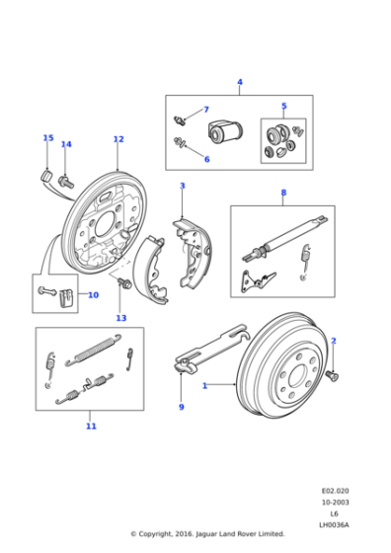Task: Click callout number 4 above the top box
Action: pos(239,82)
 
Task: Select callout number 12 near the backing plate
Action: pos(117,139)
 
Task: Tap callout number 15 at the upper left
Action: pos(47,138)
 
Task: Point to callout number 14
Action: pos(66,145)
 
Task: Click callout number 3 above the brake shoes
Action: pos(182,186)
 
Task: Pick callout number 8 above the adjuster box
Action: pos(283,193)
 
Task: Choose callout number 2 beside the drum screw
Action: pos(333,341)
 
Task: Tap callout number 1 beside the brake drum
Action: pos(204,385)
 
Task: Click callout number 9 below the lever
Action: pos(182,407)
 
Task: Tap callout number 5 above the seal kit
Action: pos(283,106)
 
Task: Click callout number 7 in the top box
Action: pos(205,110)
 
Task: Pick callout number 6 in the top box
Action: pos(205,159)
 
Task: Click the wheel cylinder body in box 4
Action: pos(226,131)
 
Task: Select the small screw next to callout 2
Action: pos(333,374)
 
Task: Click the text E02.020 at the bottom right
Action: pos(334,490)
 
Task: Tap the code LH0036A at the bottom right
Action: pos(333,522)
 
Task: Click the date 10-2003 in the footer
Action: pos(334,501)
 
